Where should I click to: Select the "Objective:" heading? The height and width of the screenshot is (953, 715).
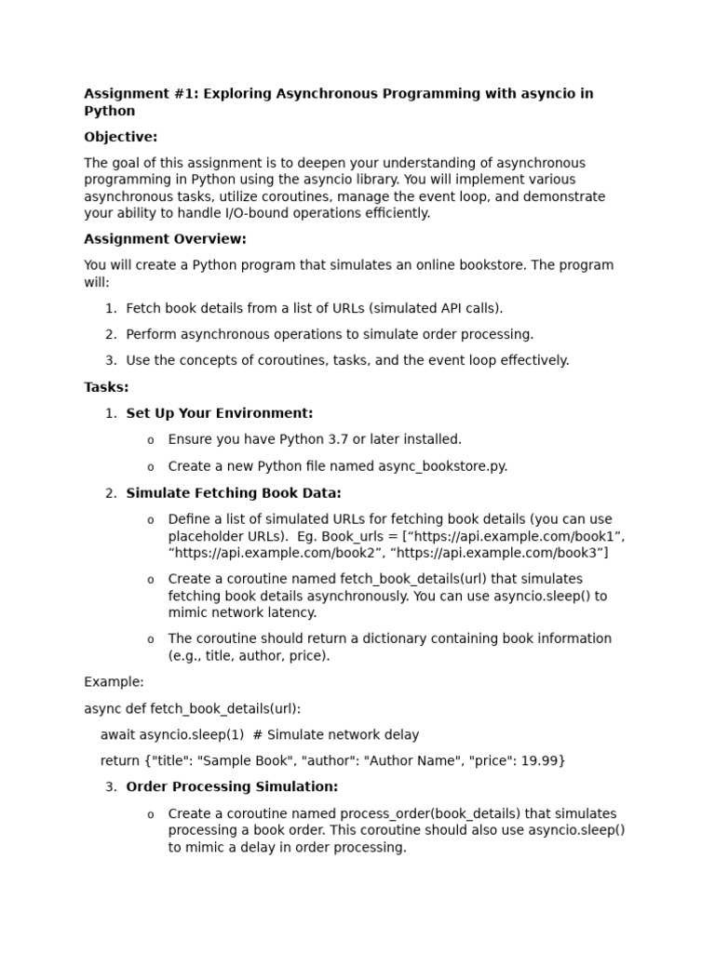(x=121, y=137)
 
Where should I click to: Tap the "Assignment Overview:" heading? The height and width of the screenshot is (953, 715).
(x=166, y=239)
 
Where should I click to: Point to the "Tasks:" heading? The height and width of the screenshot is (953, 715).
(x=106, y=387)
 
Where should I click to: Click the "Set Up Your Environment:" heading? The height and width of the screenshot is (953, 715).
(x=220, y=413)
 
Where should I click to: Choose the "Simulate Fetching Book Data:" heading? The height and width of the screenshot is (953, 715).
(x=234, y=493)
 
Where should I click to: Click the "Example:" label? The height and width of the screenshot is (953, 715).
(x=114, y=682)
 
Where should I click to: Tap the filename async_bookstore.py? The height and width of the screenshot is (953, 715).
(x=442, y=466)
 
